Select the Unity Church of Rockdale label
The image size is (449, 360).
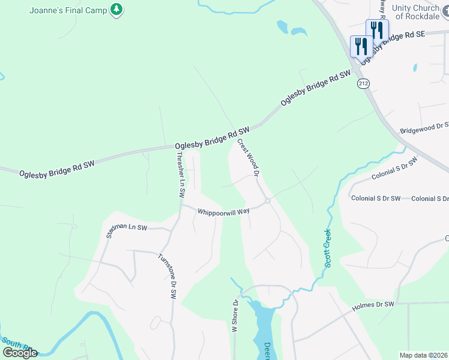click(x=420, y=11)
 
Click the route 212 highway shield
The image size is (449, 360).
click(x=362, y=82)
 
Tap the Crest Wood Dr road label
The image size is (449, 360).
click(x=247, y=158)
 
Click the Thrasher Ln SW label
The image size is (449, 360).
click(x=180, y=175)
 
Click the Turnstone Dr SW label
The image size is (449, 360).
click(x=167, y=276)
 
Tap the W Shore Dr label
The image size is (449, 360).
click(x=236, y=316)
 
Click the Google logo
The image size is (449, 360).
click(x=20, y=352)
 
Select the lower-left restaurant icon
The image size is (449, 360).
click(x=361, y=46)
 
